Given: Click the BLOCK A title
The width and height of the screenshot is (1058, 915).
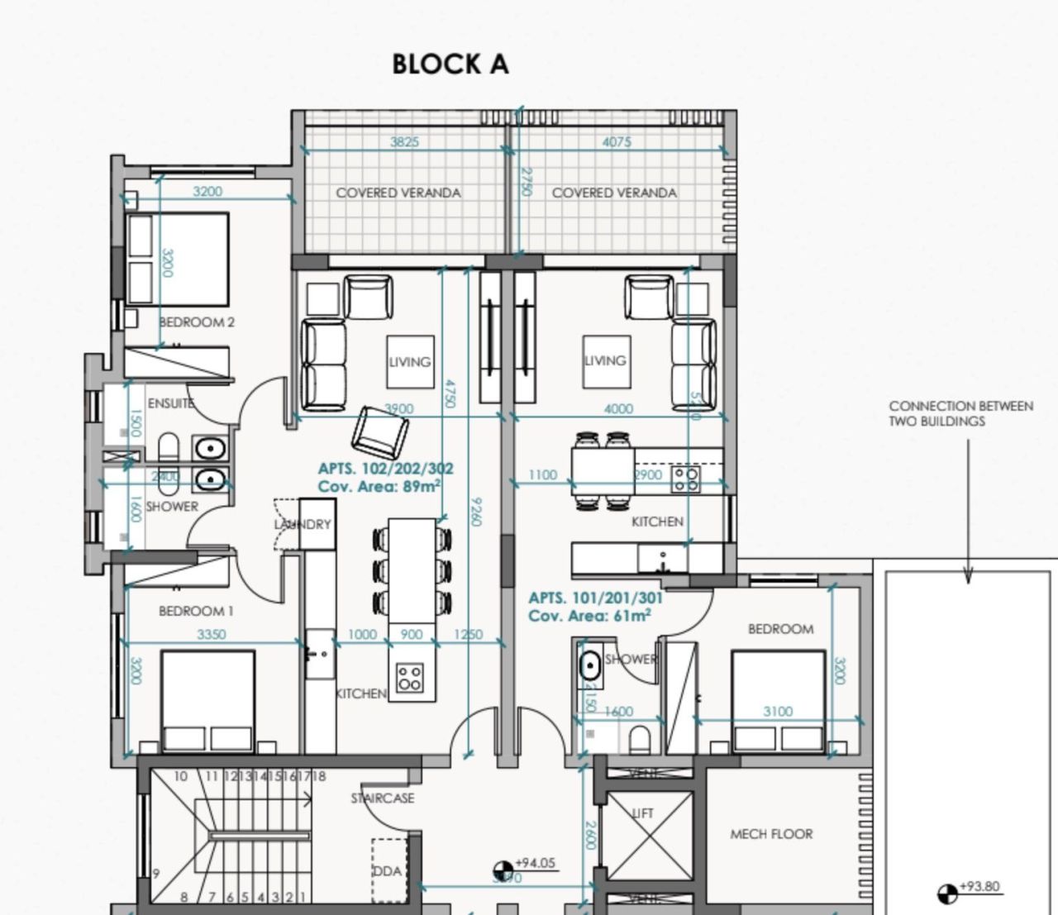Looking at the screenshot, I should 450,64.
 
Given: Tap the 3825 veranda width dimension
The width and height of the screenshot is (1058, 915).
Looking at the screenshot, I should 404,141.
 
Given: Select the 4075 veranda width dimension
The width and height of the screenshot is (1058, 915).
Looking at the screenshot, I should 617,141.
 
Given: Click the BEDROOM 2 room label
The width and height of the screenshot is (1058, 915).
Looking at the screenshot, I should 197,322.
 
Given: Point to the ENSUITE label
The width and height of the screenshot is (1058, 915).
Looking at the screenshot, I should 170,403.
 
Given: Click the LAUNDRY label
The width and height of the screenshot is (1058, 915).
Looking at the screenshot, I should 303,524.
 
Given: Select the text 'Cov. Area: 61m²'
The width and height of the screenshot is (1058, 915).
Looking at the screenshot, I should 589,616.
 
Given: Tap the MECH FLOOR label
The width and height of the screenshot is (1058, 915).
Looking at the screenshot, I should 771,834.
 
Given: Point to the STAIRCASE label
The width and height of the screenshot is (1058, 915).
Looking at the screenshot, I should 382,798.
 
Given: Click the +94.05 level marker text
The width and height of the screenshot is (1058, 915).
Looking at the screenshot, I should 535,863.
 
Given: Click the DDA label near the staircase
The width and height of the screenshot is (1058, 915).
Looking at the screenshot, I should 386,871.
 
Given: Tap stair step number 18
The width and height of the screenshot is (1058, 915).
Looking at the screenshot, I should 319,776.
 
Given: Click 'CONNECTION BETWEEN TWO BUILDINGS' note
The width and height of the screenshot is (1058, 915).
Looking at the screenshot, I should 960,413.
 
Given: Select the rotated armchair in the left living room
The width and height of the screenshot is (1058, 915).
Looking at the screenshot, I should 380,432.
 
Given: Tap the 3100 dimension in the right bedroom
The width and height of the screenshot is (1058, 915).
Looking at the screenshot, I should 778,711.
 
